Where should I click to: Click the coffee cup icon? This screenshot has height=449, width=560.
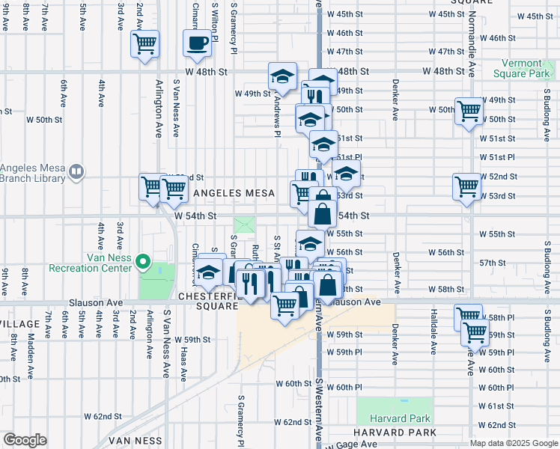(x=198, y=43)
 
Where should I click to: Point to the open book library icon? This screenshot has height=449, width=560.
(x=76, y=173)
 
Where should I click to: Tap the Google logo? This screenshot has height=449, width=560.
(x=25, y=440)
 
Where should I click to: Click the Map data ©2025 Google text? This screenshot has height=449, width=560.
(x=514, y=443)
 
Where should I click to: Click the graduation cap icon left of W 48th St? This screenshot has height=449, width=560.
(x=282, y=76)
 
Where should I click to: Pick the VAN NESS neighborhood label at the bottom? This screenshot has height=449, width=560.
(x=136, y=442)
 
